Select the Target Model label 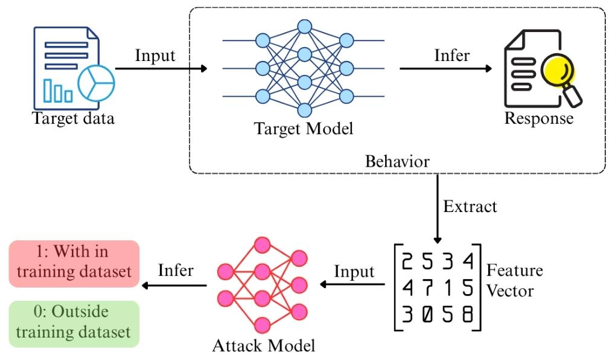303,129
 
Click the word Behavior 397,162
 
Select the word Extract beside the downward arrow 470,206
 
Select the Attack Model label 263,346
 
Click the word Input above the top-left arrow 155,56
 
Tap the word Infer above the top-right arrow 452,55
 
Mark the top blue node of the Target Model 304,27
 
